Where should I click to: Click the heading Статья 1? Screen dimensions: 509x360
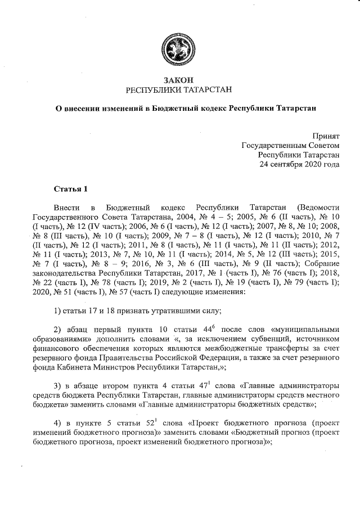[70, 187]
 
